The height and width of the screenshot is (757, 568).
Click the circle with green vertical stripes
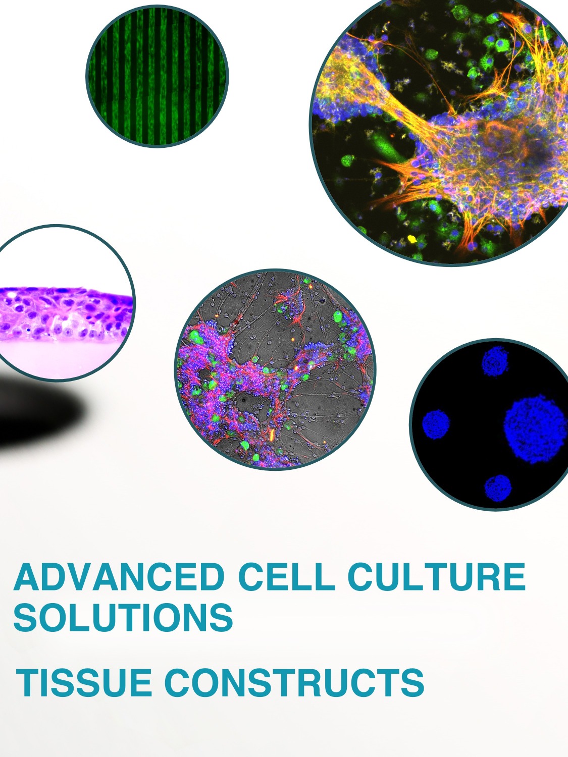[x=157, y=76]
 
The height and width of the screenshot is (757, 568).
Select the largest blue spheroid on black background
[x=535, y=429]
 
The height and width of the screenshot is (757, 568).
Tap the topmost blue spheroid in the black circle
[x=495, y=362]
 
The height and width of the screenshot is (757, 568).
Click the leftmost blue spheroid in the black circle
[x=436, y=424]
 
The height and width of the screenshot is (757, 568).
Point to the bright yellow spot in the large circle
[x=412, y=238]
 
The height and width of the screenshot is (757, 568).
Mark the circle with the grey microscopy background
[x=275, y=369]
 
